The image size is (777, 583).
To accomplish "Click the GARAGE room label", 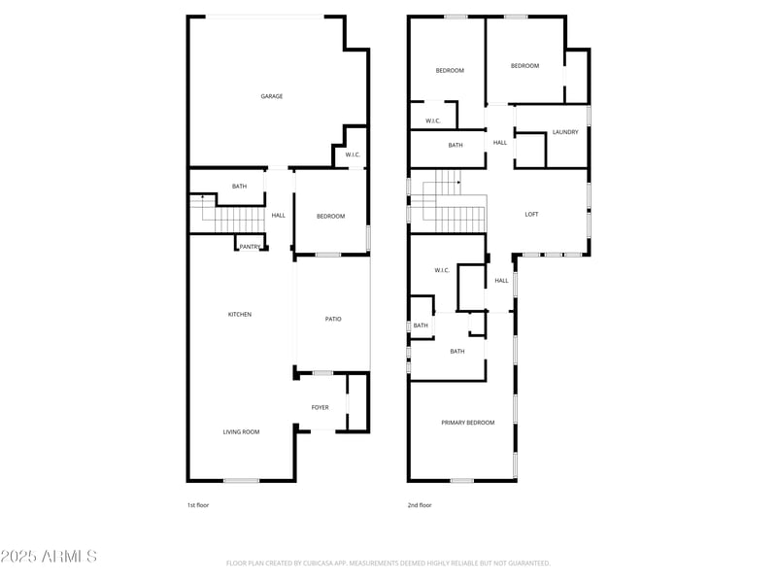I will pyautogui.click(x=271, y=96).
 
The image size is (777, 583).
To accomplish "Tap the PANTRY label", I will pyautogui.click(x=250, y=247).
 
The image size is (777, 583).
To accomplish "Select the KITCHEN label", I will pyautogui.click(x=240, y=314).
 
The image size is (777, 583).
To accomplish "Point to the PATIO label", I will pyautogui.click(x=333, y=319).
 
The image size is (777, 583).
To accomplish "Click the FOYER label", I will pyautogui.click(x=320, y=407).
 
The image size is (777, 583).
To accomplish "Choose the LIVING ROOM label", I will pyautogui.click(x=241, y=431).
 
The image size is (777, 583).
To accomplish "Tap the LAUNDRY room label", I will pyautogui.click(x=565, y=132).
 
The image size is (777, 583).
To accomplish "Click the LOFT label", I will pyautogui.click(x=531, y=214).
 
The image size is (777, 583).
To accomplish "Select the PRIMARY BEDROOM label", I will pyautogui.click(x=467, y=423).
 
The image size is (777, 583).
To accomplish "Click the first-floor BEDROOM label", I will pyautogui.click(x=330, y=216).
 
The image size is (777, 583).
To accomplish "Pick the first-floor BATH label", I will pyautogui.click(x=239, y=187).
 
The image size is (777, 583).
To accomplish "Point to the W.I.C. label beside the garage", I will pyautogui.click(x=353, y=154).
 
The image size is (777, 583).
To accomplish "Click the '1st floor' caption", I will pyautogui.click(x=198, y=505).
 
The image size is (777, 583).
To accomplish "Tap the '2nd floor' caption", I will pyautogui.click(x=420, y=505).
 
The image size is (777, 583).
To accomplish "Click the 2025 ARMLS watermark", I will pyautogui.click(x=49, y=556).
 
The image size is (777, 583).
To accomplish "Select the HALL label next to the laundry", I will pyautogui.click(x=500, y=143).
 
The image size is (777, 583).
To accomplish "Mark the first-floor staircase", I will pyautogui.click(x=227, y=215).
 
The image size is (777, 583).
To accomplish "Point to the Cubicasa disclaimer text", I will pyautogui.click(x=388, y=563).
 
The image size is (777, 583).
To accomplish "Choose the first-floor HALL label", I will pyautogui.click(x=279, y=216).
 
